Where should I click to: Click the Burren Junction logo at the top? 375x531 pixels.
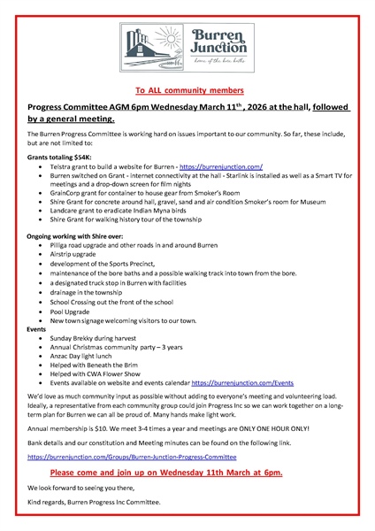[x=187, y=43]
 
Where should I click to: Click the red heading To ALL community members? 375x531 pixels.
[x=187, y=90]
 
